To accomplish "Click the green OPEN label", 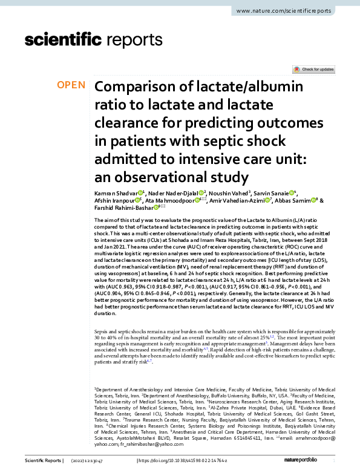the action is click(x=71, y=85).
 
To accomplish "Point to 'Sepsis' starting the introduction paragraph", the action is click(x=103, y=333).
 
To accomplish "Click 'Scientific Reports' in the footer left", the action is click(x=42, y=461).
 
